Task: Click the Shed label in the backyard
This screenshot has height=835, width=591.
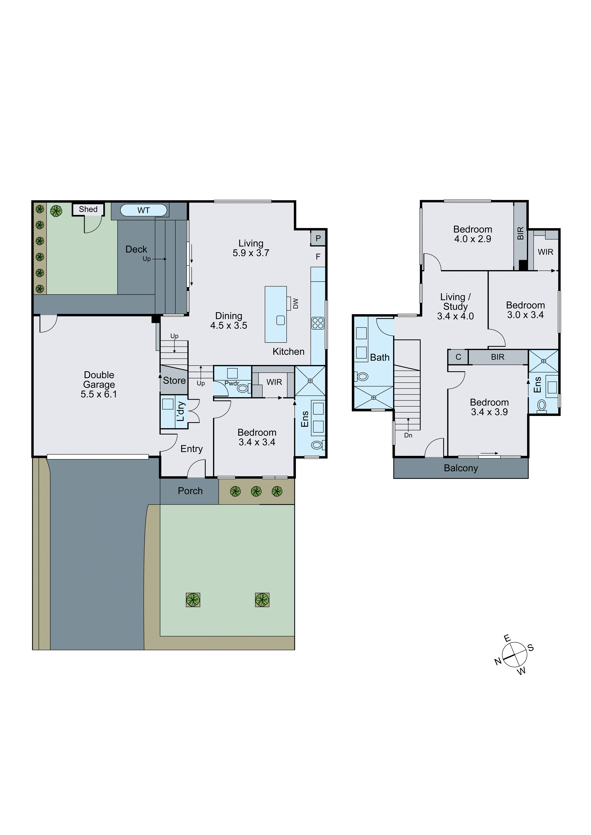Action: (88, 209)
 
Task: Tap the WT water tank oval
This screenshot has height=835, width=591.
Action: (143, 210)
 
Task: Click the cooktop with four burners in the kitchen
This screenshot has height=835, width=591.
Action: (318, 323)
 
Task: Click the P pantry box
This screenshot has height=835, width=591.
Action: (318, 238)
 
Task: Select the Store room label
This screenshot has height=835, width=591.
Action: (174, 380)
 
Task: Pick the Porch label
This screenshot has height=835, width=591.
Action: (190, 491)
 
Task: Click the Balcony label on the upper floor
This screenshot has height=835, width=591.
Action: (461, 468)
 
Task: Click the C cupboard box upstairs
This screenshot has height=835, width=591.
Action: (458, 357)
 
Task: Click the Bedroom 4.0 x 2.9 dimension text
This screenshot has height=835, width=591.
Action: (472, 239)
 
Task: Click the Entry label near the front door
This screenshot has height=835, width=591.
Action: (191, 449)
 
